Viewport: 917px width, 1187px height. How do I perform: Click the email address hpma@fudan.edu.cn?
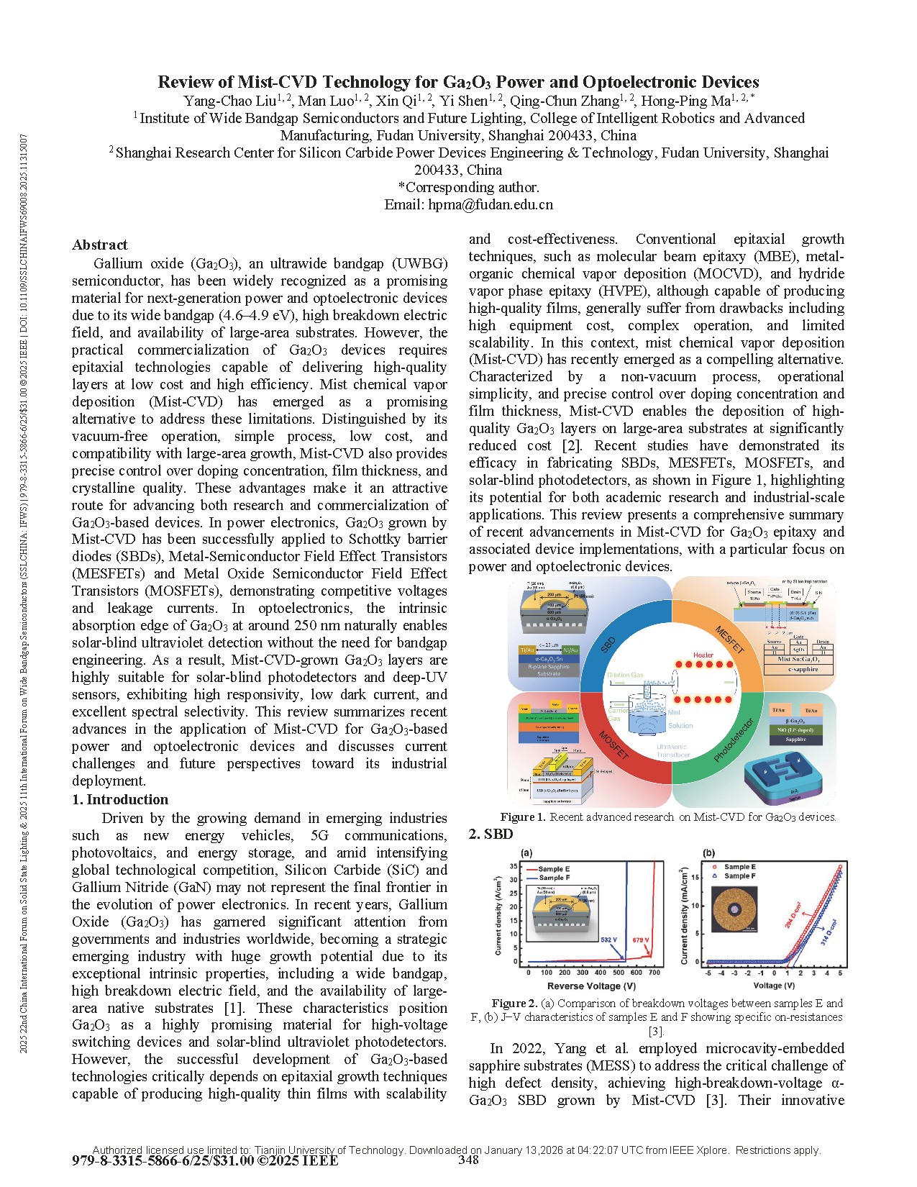point(491,204)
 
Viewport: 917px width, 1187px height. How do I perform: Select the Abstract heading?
point(100,245)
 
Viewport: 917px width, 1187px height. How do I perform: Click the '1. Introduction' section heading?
point(120,799)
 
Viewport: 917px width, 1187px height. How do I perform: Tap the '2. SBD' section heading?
point(491,834)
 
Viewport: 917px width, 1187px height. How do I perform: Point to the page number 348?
point(468,1160)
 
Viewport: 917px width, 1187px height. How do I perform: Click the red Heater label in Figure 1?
point(703,655)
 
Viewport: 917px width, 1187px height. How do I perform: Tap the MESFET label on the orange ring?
point(729,640)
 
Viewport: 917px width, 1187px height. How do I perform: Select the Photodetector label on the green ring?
point(734,740)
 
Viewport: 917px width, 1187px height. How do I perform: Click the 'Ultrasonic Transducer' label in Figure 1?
point(672,750)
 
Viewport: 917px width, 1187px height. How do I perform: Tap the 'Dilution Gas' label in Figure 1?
point(625,675)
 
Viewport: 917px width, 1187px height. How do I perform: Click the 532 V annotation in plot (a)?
point(609,940)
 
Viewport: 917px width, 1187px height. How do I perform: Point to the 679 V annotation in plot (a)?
point(641,940)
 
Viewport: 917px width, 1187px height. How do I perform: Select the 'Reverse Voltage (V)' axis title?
point(591,986)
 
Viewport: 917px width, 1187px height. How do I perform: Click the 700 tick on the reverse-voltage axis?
point(654,973)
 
